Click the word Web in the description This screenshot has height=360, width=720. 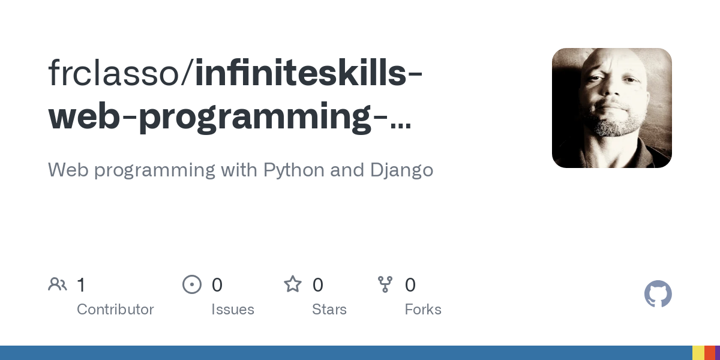pyautogui.click(x=67, y=170)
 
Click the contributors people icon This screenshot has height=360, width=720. pyautogui.click(x=58, y=284)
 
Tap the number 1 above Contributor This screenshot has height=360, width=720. pyautogui.click(x=81, y=285)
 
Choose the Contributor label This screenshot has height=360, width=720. pyautogui.click(x=115, y=310)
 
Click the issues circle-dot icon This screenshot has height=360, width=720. pyautogui.click(x=192, y=284)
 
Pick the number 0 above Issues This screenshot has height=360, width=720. pyautogui.click(x=217, y=285)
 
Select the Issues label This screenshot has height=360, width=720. pyautogui.click(x=233, y=310)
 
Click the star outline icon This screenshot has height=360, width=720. pyautogui.click(x=293, y=284)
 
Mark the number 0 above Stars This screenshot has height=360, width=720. pyautogui.click(x=318, y=285)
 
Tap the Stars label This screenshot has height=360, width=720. pyautogui.click(x=329, y=310)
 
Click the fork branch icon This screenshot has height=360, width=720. pyautogui.click(x=385, y=284)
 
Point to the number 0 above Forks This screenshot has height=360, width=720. pyautogui.click(x=410, y=285)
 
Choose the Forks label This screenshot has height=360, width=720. pyautogui.click(x=423, y=310)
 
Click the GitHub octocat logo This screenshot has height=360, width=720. pyautogui.click(x=658, y=294)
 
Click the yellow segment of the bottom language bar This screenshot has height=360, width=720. pyautogui.click(x=698, y=353)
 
